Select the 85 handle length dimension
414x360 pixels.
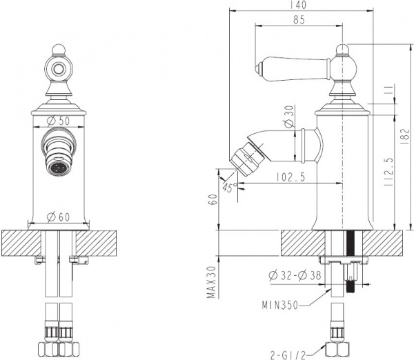(x=298, y=19)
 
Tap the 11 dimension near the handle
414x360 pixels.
(x=388, y=90)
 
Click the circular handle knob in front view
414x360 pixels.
(x=58, y=67)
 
